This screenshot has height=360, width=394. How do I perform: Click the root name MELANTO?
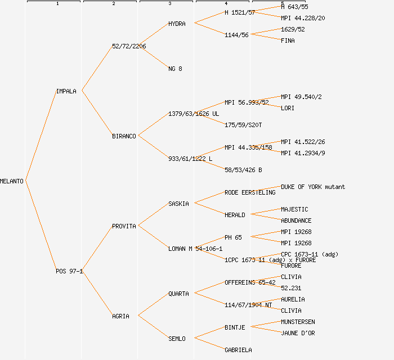click(x=12, y=181)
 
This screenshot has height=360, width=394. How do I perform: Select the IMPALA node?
click(x=66, y=91)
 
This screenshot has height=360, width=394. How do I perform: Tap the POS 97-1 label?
click(x=69, y=271)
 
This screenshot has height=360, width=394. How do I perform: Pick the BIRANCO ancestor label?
click(x=124, y=136)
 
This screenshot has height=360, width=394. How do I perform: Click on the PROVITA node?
click(x=124, y=226)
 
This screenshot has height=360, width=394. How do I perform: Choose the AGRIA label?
click(x=120, y=316)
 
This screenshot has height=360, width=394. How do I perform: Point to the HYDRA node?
click(x=177, y=24)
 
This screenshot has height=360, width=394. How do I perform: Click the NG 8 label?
click(x=175, y=69)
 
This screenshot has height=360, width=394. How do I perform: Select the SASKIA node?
click(x=178, y=204)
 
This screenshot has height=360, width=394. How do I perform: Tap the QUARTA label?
click(x=178, y=294)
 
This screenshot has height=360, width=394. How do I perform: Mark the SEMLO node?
click(x=177, y=339)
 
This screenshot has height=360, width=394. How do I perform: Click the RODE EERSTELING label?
click(x=250, y=192)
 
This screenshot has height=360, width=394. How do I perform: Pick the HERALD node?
click(x=235, y=215)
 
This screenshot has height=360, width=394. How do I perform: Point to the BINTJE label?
click(x=235, y=327)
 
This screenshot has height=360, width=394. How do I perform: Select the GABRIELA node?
click(x=238, y=350)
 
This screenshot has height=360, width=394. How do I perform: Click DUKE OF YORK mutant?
click(x=313, y=187)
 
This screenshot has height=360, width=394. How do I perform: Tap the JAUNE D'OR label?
click(x=298, y=333)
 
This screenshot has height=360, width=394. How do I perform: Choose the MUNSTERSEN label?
click(x=298, y=322)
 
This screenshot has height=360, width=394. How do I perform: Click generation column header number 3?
click(x=169, y=4)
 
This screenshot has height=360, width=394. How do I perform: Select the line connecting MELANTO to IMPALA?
click(x=41, y=136)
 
